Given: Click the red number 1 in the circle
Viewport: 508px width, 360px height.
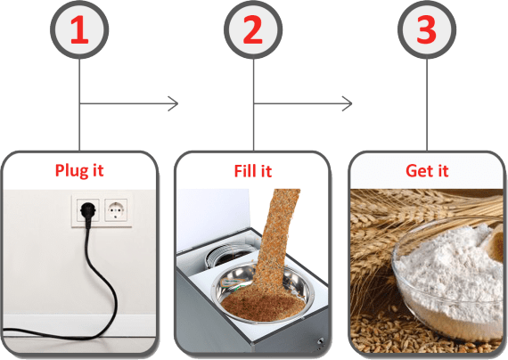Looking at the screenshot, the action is (79, 29).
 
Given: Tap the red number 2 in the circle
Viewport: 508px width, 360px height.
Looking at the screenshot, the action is (253, 29).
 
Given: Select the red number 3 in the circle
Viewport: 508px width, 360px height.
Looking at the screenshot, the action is (426, 29).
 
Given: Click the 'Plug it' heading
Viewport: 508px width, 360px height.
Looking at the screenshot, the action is (79, 170).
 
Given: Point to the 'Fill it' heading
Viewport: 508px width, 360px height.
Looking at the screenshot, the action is (253, 171).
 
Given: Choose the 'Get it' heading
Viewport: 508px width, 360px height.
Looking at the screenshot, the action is (427, 171).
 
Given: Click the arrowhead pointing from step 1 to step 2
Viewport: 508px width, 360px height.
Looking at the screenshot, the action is (174, 103).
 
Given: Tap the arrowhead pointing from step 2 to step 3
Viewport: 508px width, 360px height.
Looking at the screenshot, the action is (348, 103).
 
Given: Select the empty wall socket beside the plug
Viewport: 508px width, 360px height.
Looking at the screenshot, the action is (116, 210).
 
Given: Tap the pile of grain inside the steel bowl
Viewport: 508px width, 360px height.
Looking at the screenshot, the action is (263, 303).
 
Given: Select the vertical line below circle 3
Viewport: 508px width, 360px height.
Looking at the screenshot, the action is (427, 104).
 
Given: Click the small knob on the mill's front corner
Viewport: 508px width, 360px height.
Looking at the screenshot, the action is (321, 341).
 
